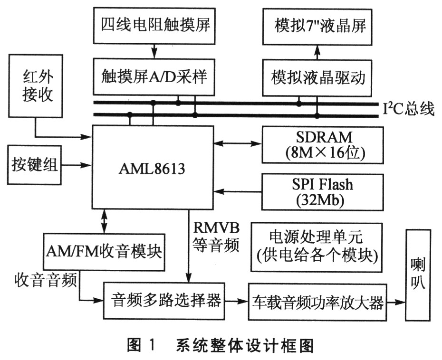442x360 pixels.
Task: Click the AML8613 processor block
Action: [x=152, y=167]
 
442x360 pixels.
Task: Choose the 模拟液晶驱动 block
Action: [x=318, y=76]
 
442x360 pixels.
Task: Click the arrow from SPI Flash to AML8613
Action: [x=238, y=191]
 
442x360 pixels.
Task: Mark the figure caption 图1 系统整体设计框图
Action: [x=221, y=345]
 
